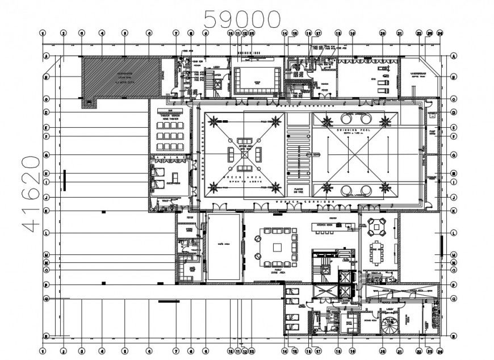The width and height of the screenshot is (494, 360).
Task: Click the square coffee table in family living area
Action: pyautogui.click(x=277, y=247)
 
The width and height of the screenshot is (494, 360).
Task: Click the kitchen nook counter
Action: pyautogui.click(x=330, y=227)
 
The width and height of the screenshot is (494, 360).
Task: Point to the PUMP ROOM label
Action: pyautogui.click(x=431, y=131)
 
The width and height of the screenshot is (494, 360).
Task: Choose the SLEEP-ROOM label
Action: pyautogui.click(x=173, y=183)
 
